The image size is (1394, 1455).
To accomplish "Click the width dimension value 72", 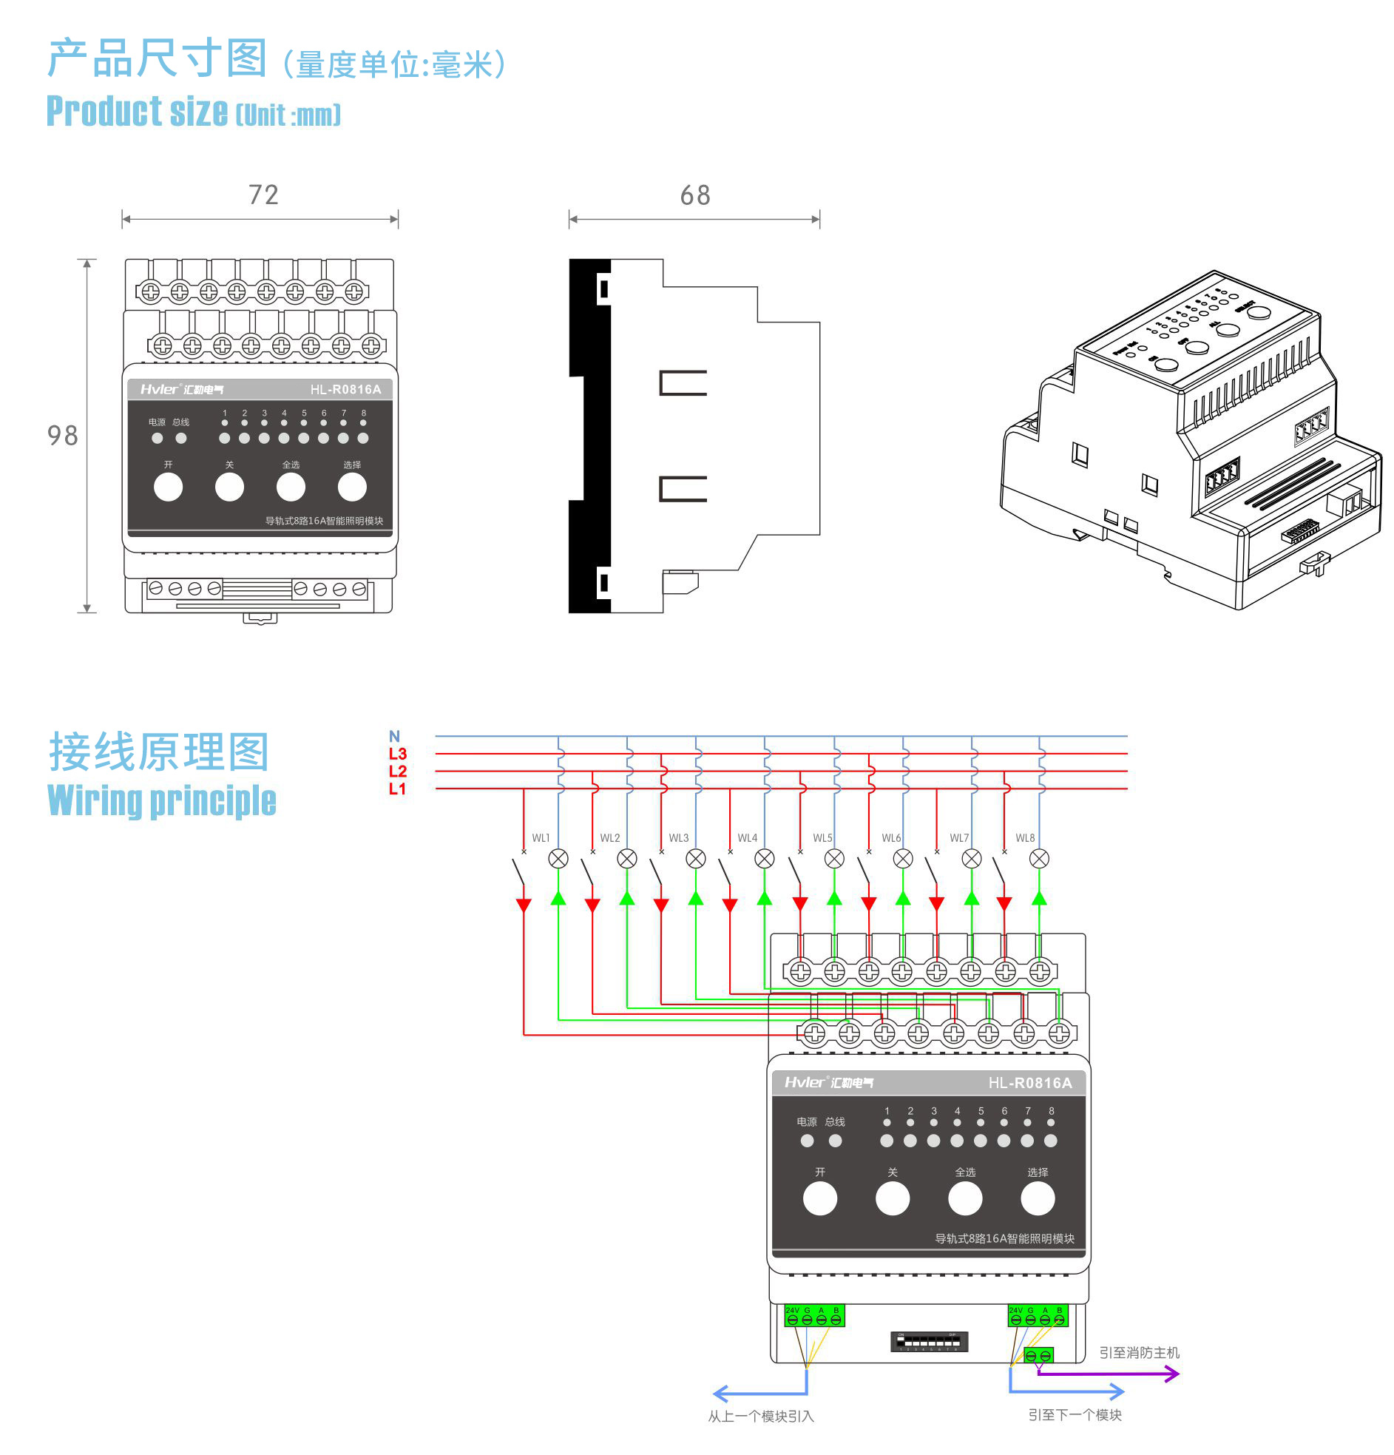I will [x=263, y=195].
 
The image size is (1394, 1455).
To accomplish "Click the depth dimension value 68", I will [x=694, y=196].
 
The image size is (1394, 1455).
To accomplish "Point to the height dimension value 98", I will [x=62, y=436].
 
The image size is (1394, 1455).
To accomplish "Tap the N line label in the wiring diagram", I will [x=394, y=737].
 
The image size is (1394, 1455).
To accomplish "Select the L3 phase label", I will [x=397, y=754].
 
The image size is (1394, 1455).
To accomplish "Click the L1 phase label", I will [x=397, y=789].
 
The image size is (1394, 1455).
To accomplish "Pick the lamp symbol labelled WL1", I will [x=558, y=859].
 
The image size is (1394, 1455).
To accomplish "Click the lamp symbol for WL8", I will [x=1039, y=859].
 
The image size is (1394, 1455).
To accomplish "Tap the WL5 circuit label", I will [x=822, y=838].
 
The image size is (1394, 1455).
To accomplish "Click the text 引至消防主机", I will [x=1139, y=1353].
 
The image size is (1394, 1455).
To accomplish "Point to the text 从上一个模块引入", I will [x=760, y=1417].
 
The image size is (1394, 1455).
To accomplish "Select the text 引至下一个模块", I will [x=1074, y=1415].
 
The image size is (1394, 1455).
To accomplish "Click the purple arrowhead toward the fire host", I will [x=1173, y=1374].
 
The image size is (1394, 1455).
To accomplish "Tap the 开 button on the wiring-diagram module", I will [x=819, y=1199].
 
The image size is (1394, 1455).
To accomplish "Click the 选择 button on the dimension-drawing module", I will [x=352, y=487].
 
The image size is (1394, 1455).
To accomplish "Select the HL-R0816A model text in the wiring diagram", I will [x=1029, y=1083].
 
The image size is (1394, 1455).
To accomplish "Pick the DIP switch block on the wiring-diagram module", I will [x=929, y=1341].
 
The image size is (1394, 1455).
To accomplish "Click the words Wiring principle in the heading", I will [x=162, y=801].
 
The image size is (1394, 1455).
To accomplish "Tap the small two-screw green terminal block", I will [x=1038, y=1356].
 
